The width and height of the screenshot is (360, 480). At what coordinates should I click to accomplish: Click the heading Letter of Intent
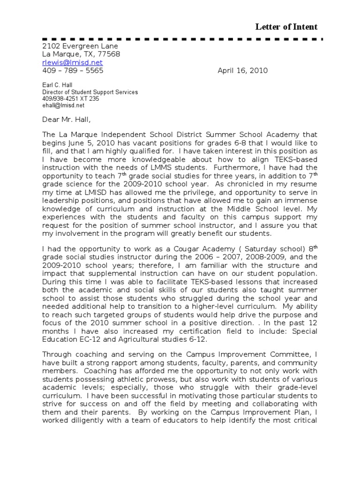286,27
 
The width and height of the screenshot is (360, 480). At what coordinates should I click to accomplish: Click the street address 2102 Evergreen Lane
80,46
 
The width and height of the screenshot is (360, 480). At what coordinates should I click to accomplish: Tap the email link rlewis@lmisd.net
72,62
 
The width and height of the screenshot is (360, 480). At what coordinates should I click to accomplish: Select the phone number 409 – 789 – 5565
73,71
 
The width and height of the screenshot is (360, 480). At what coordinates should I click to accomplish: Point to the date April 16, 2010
243,71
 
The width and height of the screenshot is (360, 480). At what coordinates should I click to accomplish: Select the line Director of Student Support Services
90,92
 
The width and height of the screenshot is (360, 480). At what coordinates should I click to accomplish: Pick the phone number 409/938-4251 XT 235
71,99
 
